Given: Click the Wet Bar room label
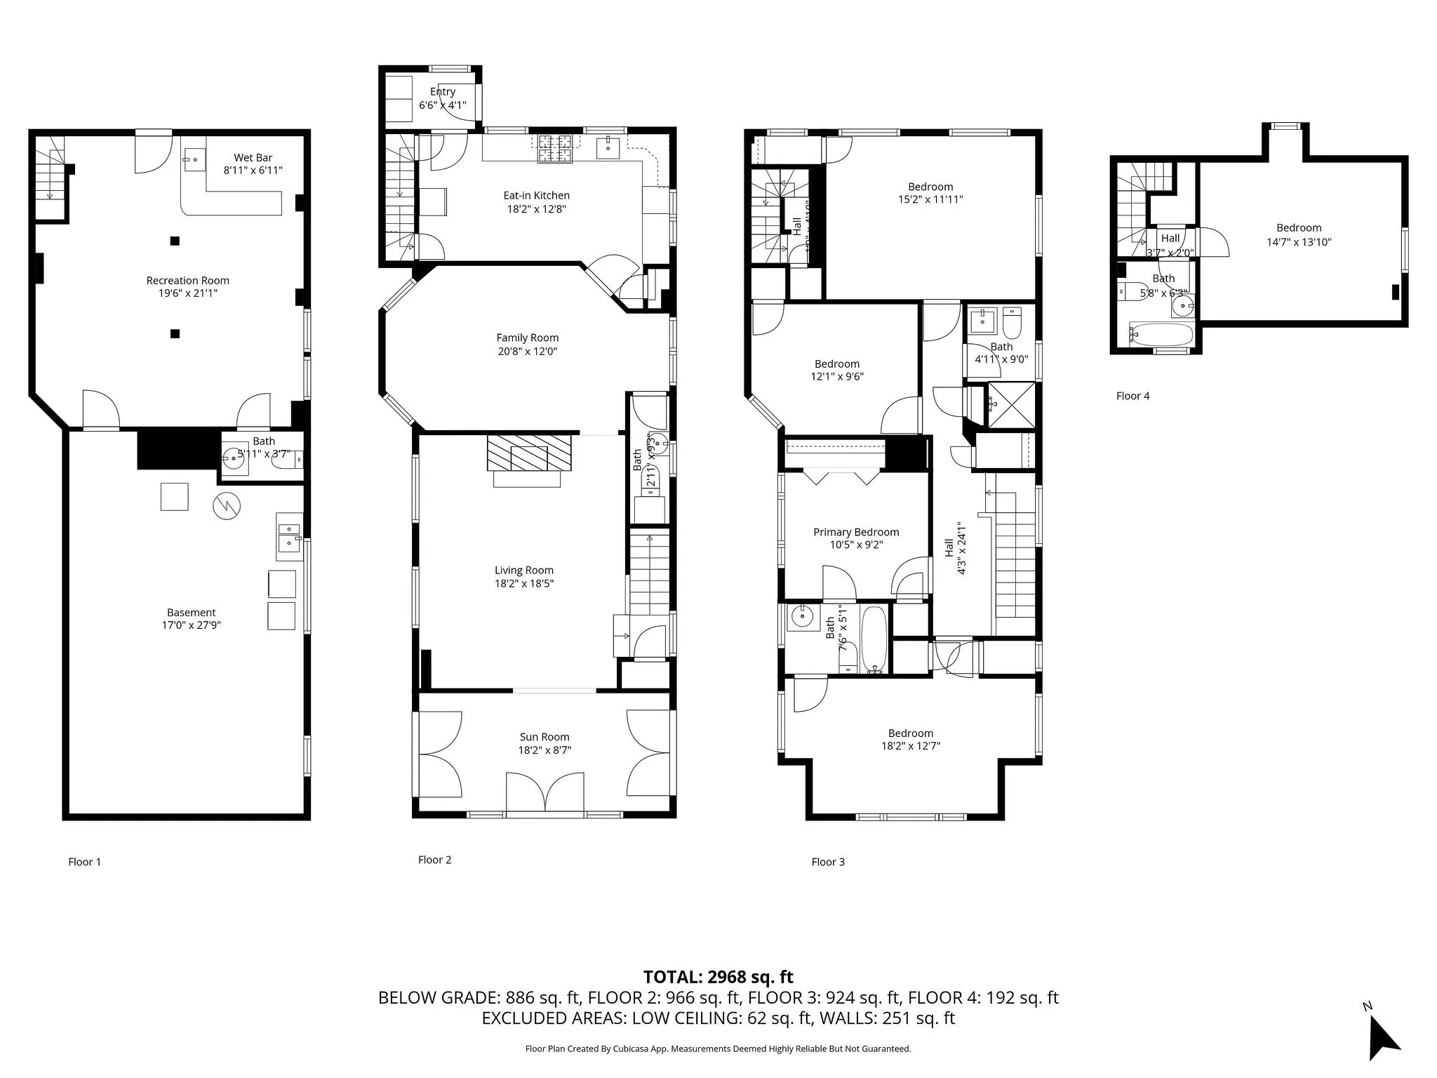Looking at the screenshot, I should tap(253, 158).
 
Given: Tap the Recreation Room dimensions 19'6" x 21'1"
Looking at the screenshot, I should tap(187, 293).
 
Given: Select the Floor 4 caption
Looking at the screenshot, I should tap(1132, 396).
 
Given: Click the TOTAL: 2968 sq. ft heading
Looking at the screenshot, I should tap(718, 977).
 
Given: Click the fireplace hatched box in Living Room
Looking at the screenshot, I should tap(530, 453).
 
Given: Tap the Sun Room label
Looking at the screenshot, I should tap(544, 737).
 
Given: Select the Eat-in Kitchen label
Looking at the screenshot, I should tap(536, 196).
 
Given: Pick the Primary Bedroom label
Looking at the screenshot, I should tap(855, 532).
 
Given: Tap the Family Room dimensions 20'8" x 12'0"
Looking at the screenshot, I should tap(527, 351).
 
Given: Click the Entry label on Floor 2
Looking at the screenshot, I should tap(442, 92).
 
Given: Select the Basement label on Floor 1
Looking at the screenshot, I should tap(191, 613).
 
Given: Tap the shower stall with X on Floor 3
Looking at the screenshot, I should tap(1011, 405).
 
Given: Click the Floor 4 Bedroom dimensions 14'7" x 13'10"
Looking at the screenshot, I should tap(1299, 241).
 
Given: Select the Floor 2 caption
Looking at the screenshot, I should tap(434, 860).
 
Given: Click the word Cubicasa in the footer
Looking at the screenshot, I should tap(634, 1049).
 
